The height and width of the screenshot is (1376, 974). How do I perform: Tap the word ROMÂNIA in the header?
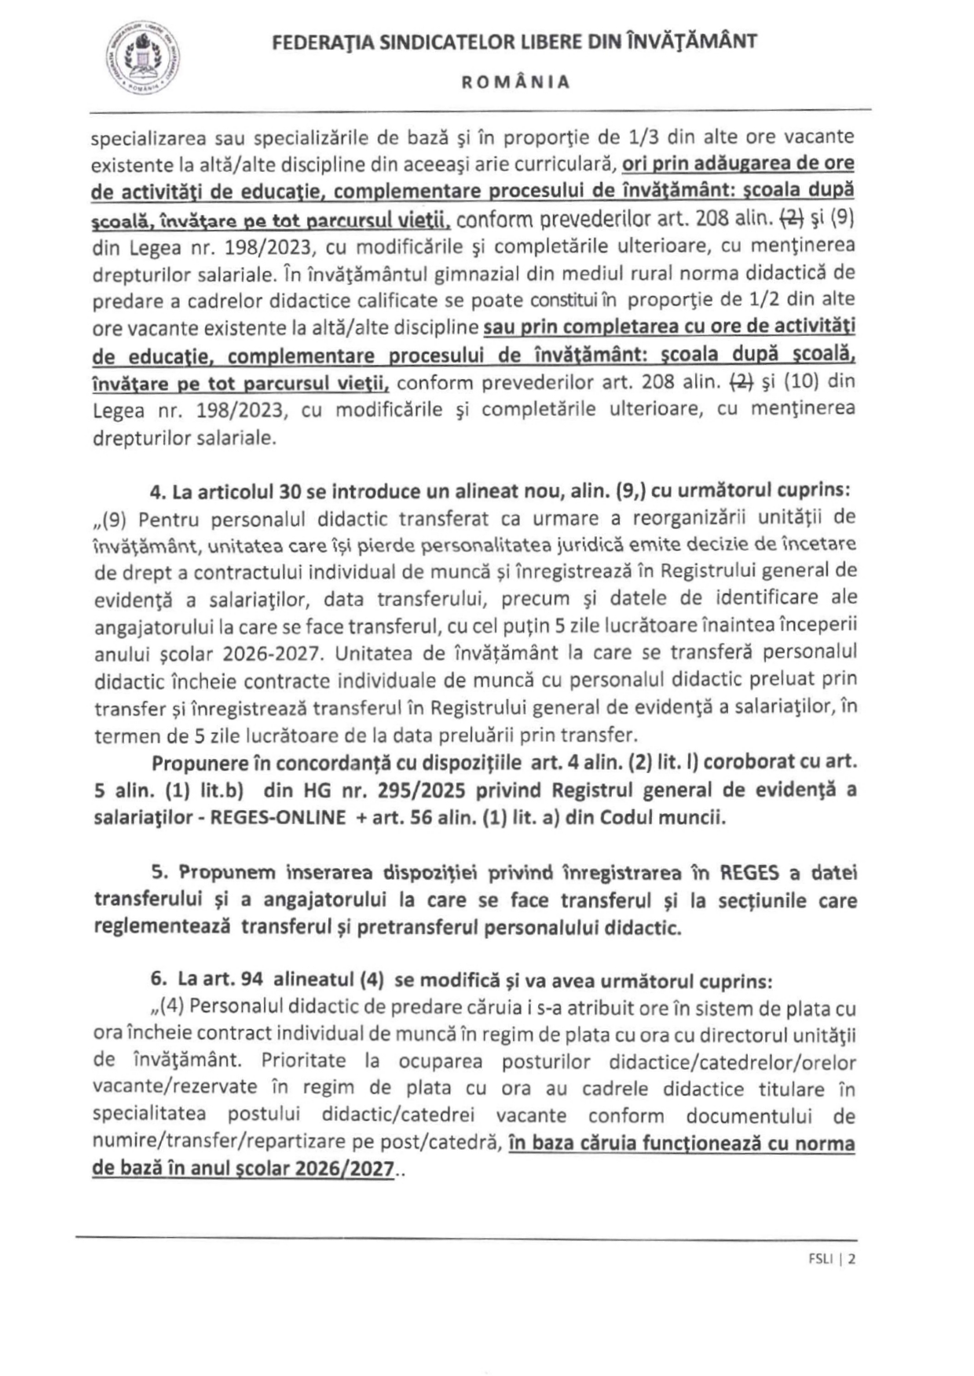(515, 82)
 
